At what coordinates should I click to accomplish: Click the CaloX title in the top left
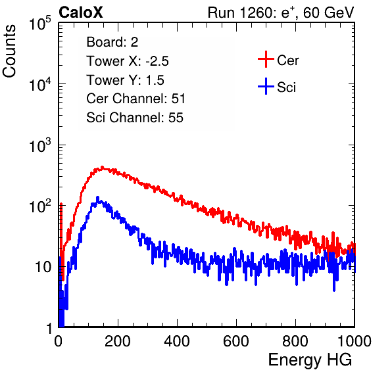point(81,12)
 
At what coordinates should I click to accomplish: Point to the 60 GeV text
point(328,12)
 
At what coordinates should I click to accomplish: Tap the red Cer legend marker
point(266,59)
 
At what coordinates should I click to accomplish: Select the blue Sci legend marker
point(266,87)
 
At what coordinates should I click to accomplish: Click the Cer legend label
point(287,60)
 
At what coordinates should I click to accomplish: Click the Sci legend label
point(286,87)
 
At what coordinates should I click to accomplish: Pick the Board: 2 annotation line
point(112,42)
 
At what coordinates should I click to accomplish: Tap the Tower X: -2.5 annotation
point(128,61)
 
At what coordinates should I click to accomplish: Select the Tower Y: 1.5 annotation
point(125,80)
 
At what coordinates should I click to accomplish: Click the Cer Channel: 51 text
point(135,99)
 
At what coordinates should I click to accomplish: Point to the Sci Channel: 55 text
point(135,118)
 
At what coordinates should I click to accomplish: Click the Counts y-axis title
point(9,51)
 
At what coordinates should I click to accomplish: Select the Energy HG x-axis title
point(310,360)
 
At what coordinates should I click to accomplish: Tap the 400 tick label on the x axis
point(177,341)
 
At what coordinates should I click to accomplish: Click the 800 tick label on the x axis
point(295,341)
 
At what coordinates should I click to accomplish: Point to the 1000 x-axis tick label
point(355,341)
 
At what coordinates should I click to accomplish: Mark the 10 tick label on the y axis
point(44,267)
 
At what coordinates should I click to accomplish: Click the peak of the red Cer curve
point(102,167)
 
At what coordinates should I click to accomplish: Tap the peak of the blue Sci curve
point(98,198)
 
